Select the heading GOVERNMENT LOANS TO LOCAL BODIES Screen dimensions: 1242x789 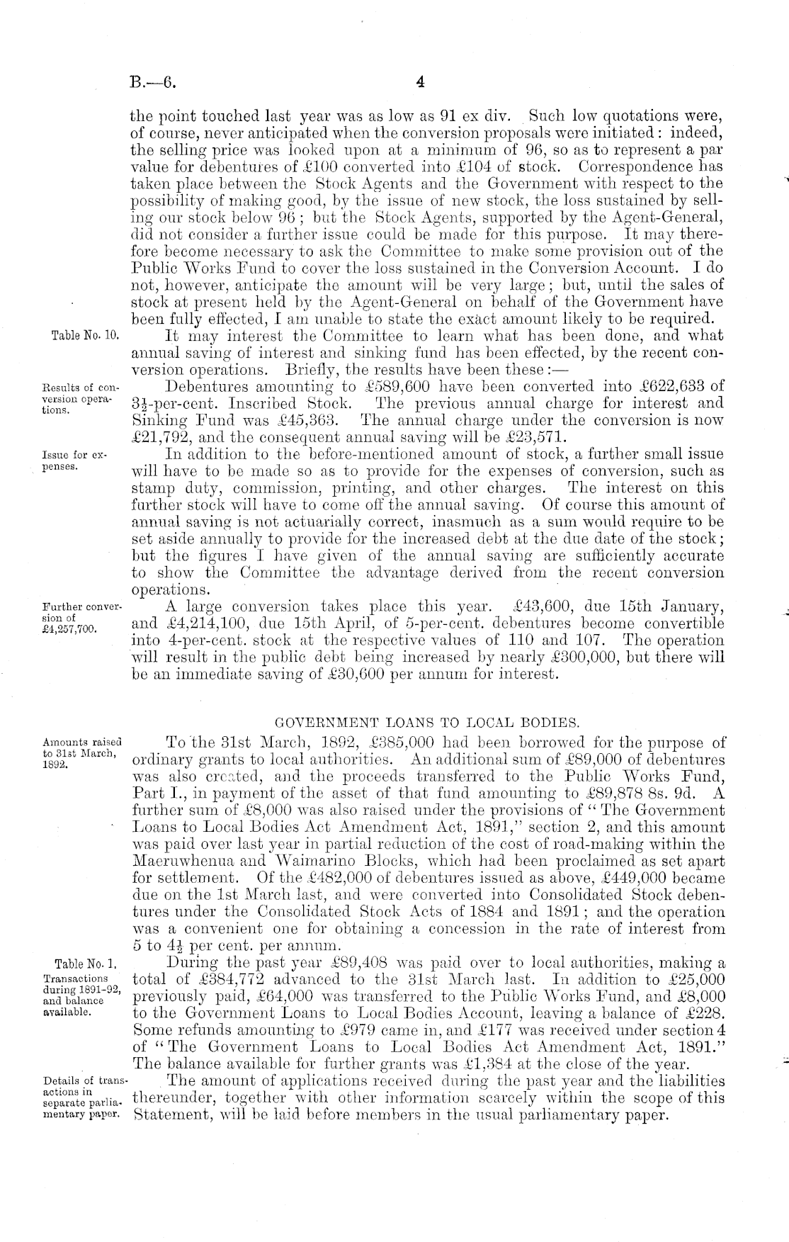426,723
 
